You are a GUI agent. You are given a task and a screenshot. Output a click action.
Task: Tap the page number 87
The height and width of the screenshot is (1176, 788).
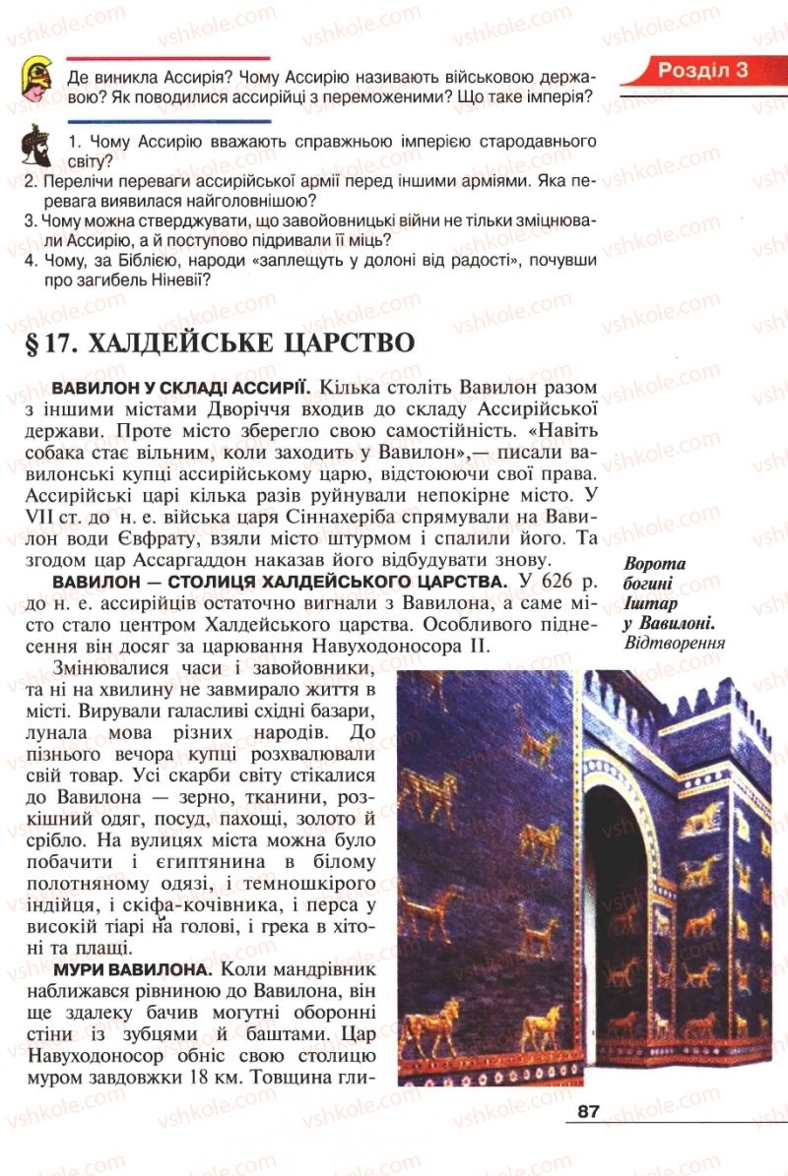(589, 1112)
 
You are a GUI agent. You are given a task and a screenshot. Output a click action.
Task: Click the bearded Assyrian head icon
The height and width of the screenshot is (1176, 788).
(37, 146)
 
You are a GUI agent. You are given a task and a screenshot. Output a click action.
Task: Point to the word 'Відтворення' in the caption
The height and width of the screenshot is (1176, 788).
(674, 644)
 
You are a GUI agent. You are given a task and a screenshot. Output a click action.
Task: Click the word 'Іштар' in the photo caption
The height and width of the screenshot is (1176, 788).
(650, 603)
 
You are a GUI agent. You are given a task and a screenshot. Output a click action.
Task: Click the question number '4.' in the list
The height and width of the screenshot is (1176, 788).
(30, 261)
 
